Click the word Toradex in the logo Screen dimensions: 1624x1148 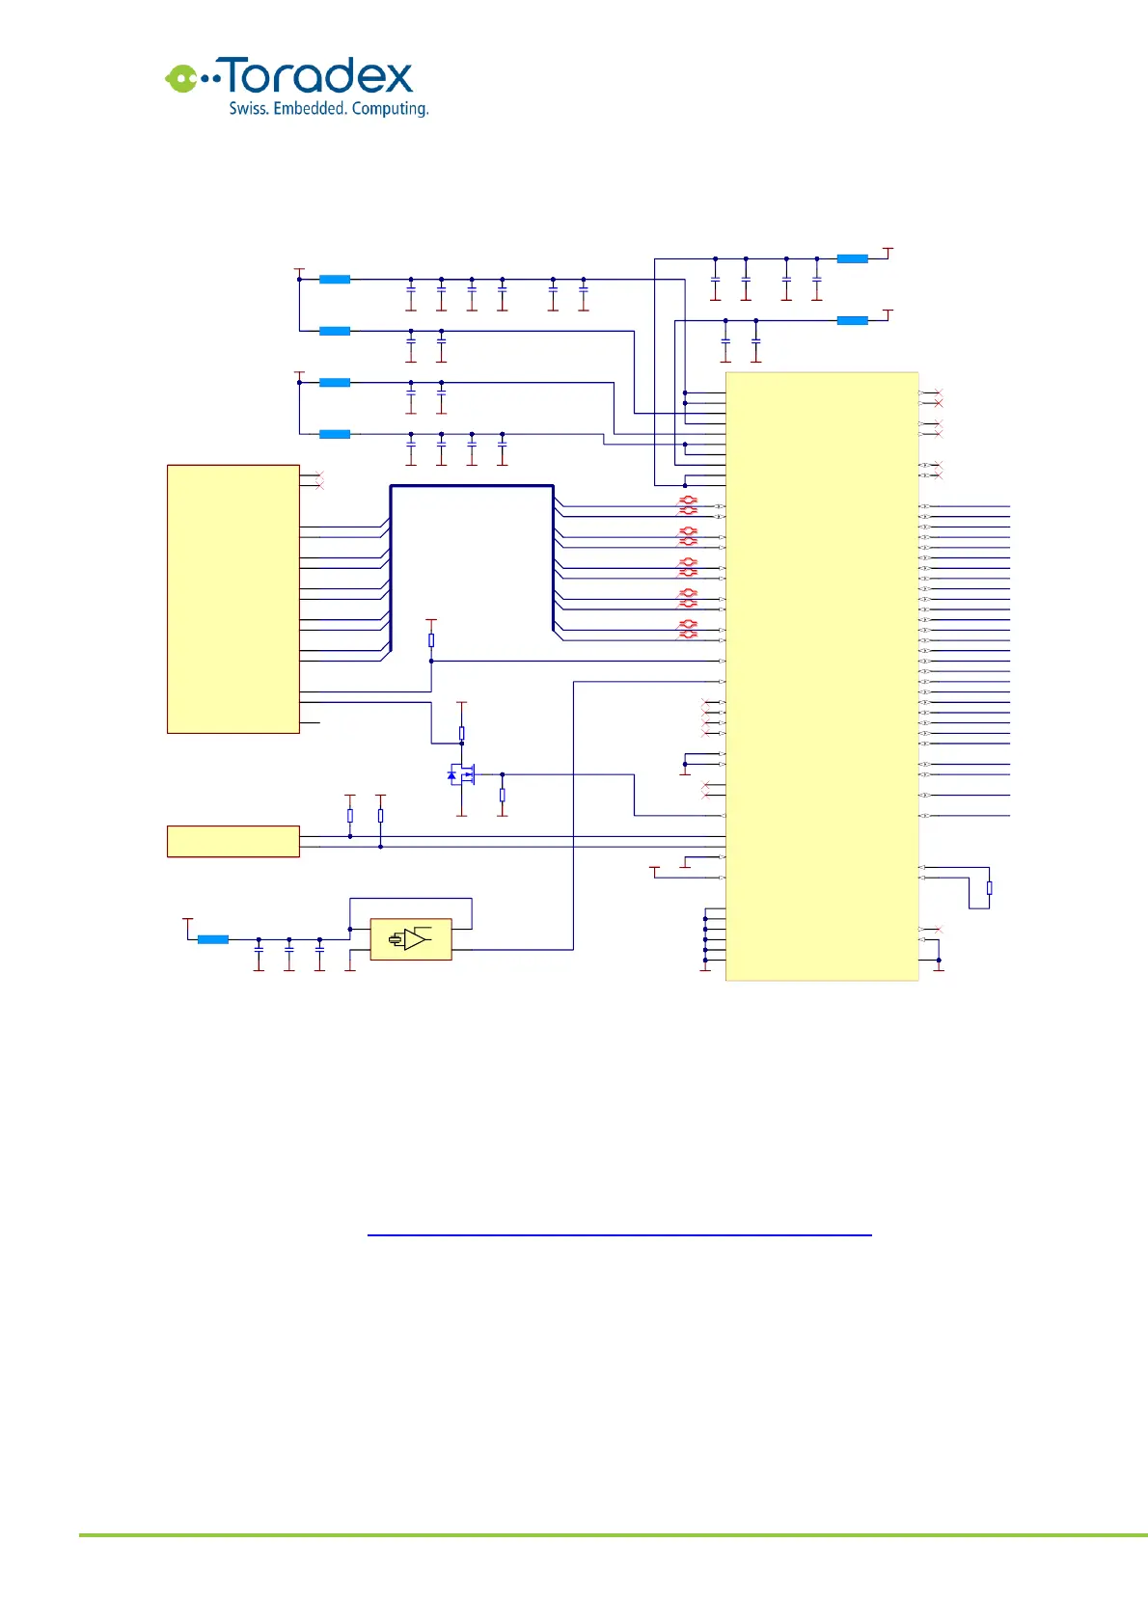pos(318,77)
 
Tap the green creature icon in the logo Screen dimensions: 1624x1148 pos(180,78)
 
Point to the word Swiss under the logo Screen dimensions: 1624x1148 pos(248,109)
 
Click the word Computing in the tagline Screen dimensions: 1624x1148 pos(390,109)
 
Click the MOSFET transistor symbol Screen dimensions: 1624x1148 pos(465,774)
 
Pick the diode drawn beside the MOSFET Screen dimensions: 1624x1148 pos(451,774)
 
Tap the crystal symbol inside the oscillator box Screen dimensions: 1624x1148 pos(396,939)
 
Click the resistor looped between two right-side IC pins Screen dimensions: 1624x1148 pos(989,888)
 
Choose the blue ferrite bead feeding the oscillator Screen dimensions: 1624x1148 pos(212,939)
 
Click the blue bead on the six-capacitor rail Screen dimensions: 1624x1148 pos(334,280)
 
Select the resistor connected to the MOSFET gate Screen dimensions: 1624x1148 pos(502,796)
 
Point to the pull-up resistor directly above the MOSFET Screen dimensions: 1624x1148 pos(461,734)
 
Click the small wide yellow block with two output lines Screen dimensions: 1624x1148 pos(232,841)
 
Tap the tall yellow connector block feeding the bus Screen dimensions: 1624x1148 pos(232,599)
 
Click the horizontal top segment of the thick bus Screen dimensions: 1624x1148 pos(471,486)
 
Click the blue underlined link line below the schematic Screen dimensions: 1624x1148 pos(618,1234)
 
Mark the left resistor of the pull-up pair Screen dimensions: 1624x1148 pos(349,816)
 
